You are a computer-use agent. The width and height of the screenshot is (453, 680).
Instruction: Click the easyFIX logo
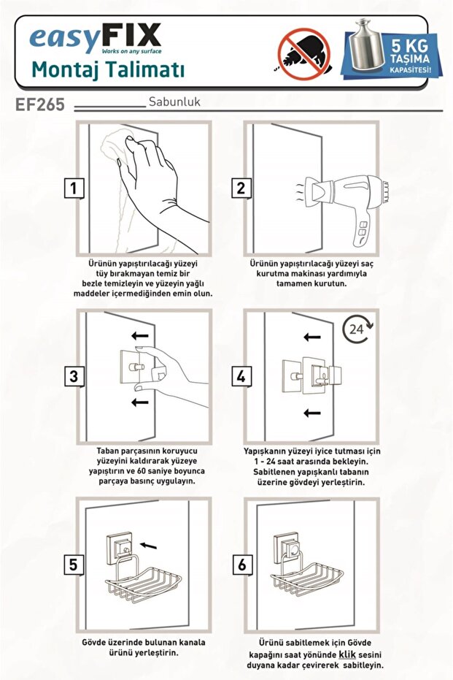coord(96,38)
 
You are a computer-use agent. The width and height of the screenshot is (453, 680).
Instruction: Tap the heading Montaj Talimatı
coord(108,70)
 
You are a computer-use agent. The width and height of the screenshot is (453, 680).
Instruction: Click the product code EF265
coord(40,104)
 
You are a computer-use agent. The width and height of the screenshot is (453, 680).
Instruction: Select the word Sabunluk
coord(174,102)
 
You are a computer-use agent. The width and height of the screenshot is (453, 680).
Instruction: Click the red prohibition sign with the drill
coord(304,53)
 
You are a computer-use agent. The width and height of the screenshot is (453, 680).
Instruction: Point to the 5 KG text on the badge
coord(409,45)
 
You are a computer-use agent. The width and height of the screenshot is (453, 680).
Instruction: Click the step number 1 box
coord(74,188)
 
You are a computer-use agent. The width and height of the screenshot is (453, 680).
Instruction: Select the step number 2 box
coord(241,188)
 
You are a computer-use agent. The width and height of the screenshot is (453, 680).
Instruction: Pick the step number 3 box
coord(74,376)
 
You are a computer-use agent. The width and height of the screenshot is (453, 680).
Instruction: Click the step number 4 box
coord(241,376)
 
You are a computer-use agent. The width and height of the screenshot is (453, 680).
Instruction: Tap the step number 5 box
coord(74,565)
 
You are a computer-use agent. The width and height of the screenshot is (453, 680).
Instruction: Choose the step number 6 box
coord(241,565)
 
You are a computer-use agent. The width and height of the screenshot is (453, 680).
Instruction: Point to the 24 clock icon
coord(357,329)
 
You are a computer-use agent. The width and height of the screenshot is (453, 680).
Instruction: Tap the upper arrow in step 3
coord(140,336)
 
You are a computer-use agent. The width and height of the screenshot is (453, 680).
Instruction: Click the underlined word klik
coord(347,654)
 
